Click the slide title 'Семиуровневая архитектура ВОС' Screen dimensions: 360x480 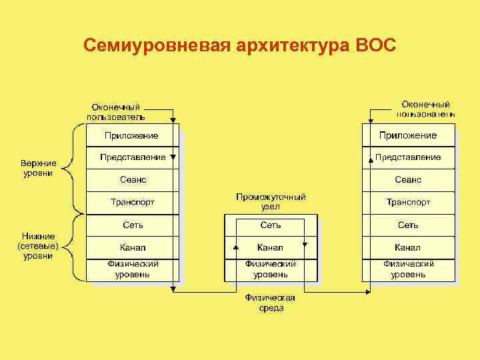pyautogui.click(x=240, y=46)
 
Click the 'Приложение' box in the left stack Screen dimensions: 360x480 pyautogui.click(x=132, y=135)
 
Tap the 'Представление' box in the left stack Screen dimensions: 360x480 pyautogui.click(x=132, y=157)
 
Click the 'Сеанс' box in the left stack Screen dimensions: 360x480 pyautogui.click(x=132, y=180)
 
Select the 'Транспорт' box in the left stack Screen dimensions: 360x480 pyautogui.click(x=132, y=202)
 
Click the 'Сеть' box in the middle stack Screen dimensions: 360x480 pyautogui.click(x=270, y=225)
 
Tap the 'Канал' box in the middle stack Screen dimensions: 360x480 pyautogui.click(x=270, y=247)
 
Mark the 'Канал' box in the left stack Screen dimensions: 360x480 pyautogui.click(x=132, y=247)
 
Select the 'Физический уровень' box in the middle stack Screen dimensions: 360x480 pyautogui.click(x=270, y=269)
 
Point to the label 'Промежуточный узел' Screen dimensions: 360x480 pyautogui.click(x=270, y=202)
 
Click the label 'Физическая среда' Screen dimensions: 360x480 pyautogui.click(x=270, y=303)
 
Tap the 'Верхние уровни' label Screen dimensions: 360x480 pyautogui.click(x=38, y=168)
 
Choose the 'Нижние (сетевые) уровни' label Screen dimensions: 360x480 pyautogui.click(x=38, y=245)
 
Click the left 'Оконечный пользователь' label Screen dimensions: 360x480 pyautogui.click(x=115, y=112)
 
